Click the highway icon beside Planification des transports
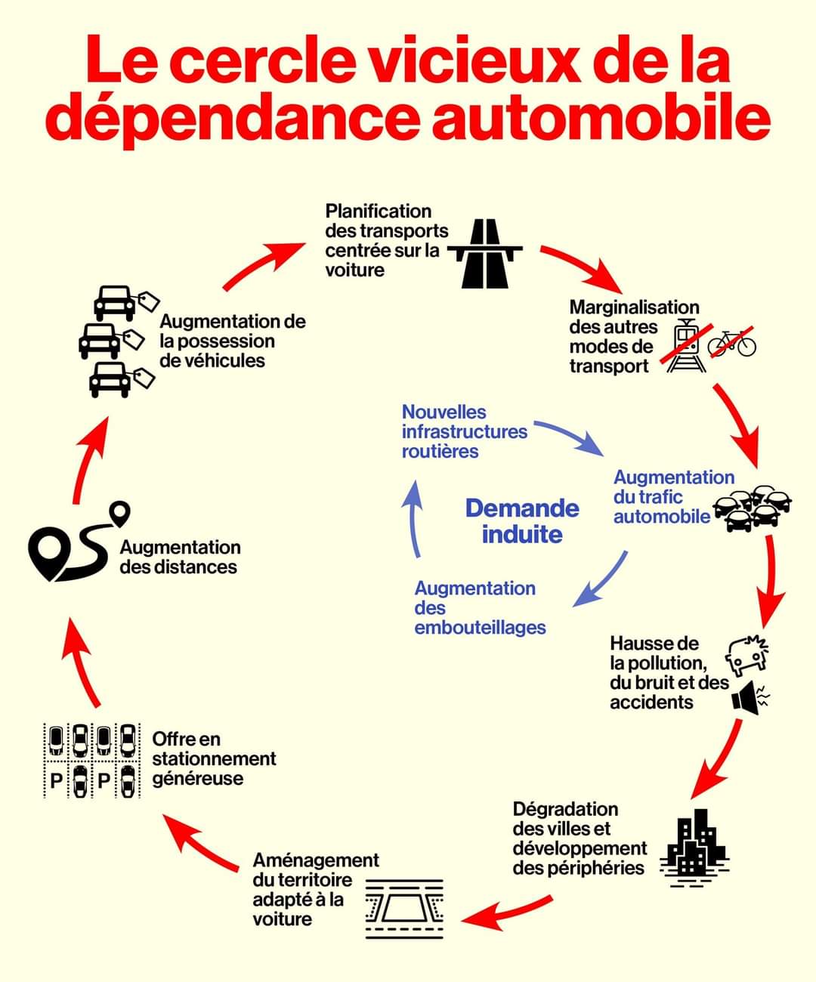tap(485, 254)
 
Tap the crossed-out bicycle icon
tap(731, 343)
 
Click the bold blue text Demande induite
tap(522, 521)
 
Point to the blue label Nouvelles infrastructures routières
tap(464, 432)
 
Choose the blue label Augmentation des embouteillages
tap(480, 608)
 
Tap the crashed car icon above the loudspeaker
tap(747, 654)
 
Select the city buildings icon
tap(694, 847)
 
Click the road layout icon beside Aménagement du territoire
tap(404, 909)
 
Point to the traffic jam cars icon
tap(753, 507)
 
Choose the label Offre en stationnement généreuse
tap(214, 759)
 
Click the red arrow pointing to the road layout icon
tap(506, 913)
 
